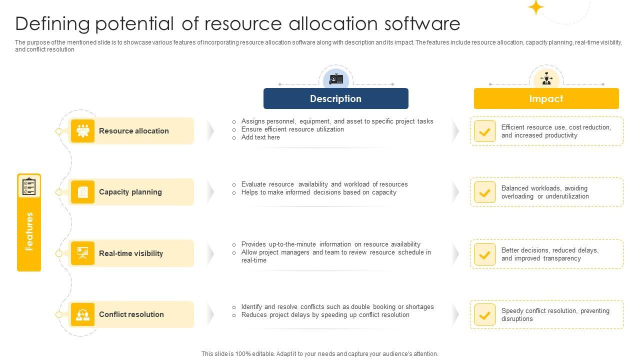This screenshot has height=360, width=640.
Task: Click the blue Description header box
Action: coord(335,98)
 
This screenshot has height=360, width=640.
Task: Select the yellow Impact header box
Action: coord(546,98)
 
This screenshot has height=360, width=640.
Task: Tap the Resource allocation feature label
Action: coord(133,131)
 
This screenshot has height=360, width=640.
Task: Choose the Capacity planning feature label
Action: coord(130,192)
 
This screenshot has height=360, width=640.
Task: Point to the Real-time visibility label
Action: coord(131,253)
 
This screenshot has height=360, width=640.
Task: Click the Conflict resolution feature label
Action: coord(131,314)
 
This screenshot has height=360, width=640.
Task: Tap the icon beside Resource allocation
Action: coord(82,131)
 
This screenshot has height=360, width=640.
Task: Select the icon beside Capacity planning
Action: coord(82,192)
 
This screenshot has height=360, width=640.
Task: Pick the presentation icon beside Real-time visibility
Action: coord(82,253)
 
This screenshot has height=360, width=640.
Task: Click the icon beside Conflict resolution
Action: coord(82,314)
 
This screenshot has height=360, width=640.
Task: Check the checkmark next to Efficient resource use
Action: coord(484,131)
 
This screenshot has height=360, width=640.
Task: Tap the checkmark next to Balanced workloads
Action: coord(484,192)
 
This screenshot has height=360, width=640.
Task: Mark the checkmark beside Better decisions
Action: coord(484,254)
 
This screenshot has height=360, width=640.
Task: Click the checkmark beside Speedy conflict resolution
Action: coord(484,314)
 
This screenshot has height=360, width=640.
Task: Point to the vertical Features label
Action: coord(29,231)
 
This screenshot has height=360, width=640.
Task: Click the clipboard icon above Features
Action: coord(29,186)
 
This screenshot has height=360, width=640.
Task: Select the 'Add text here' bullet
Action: coord(260,137)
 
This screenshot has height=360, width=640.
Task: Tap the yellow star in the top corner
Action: coord(536,7)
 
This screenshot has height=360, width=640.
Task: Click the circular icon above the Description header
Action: coord(336,79)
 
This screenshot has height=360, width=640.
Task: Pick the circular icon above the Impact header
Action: coord(546,79)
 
